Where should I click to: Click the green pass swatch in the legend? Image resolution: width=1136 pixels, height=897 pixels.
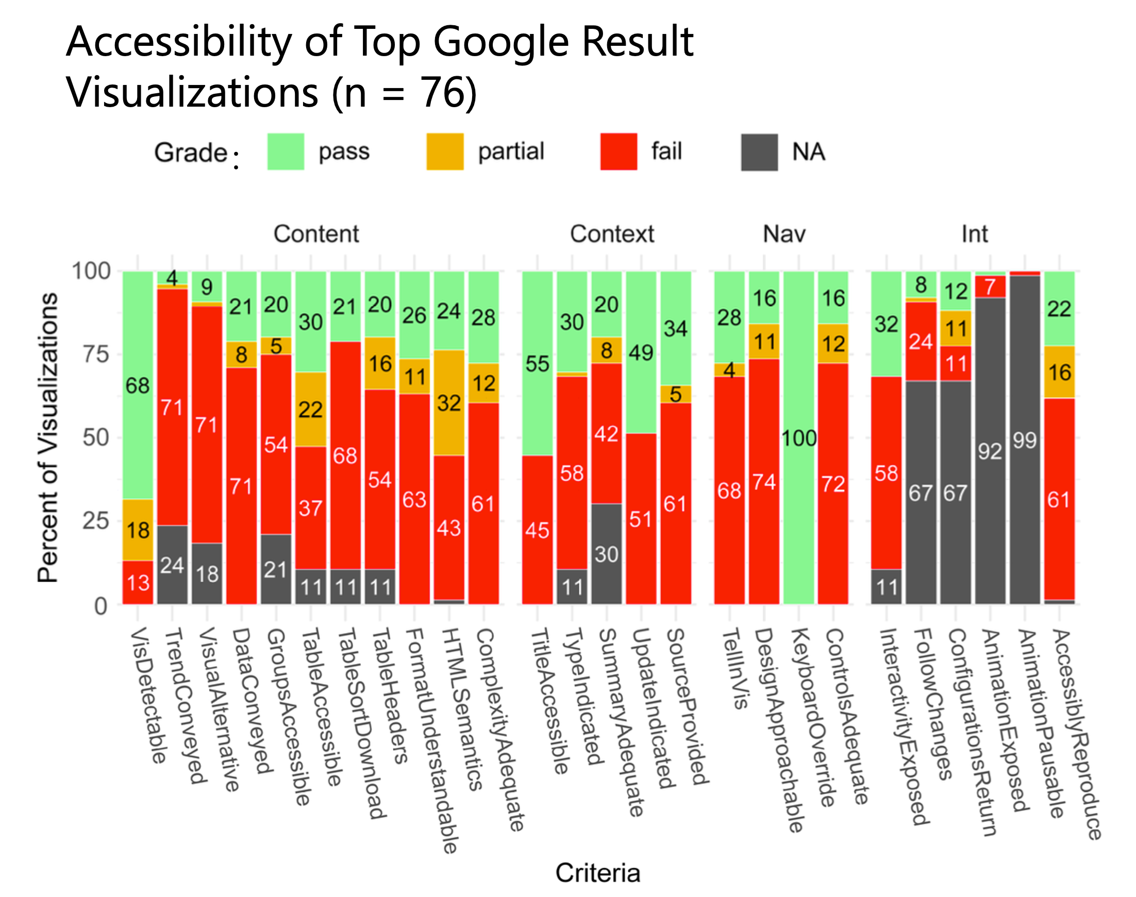(286, 153)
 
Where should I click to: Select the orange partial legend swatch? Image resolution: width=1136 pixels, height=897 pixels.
(444, 153)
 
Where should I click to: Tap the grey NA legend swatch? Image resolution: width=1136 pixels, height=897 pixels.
(759, 153)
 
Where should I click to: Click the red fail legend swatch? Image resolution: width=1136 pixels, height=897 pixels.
(619, 153)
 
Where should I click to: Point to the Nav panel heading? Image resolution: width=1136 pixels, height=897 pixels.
(783, 234)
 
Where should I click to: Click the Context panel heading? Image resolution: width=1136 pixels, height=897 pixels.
(612, 234)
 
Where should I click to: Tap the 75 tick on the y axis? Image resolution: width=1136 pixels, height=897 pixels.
(96, 354)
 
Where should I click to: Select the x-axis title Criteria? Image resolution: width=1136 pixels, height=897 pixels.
(597, 873)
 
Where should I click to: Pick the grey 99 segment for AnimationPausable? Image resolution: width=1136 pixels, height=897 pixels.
(1025, 440)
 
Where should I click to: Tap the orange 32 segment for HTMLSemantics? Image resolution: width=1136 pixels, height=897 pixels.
(449, 403)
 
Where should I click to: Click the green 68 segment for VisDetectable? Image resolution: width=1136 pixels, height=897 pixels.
(138, 385)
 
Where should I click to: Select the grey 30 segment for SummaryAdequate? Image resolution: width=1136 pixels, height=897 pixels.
(606, 554)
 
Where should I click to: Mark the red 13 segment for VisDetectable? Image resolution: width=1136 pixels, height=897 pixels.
(138, 582)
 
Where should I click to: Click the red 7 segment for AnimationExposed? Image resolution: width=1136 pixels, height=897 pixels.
(990, 287)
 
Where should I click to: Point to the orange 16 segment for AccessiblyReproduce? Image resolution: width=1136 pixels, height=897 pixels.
(1059, 373)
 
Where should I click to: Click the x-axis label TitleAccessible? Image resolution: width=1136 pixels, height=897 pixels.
(549, 701)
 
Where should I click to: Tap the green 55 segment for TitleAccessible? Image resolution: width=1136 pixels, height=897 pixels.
(537, 363)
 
